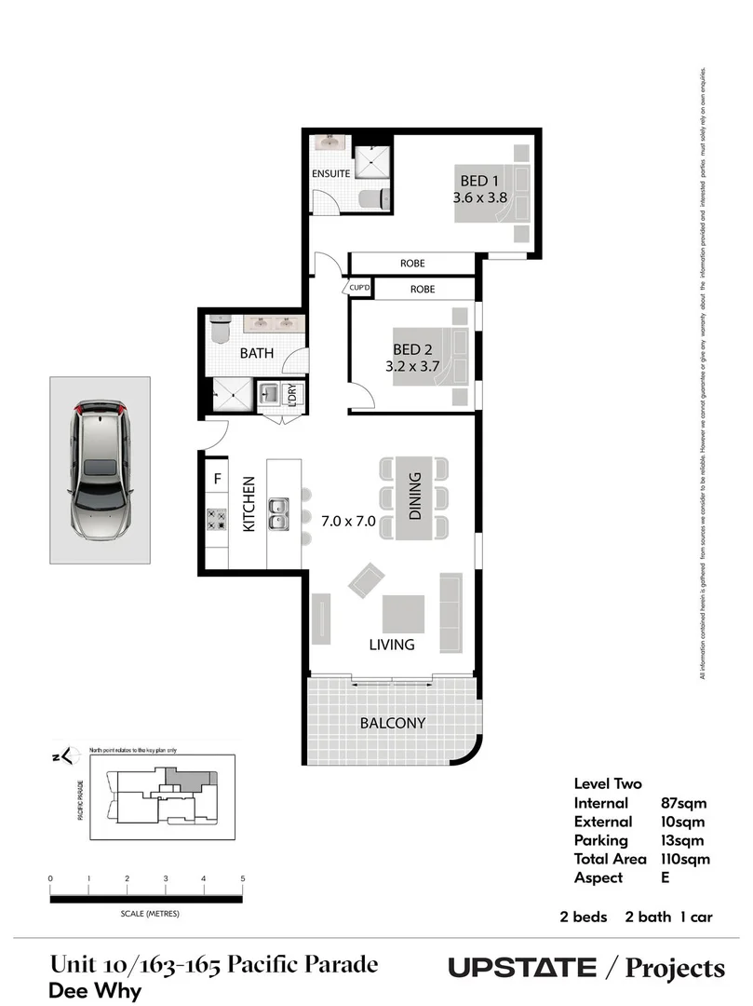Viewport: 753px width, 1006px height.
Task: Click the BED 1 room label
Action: tap(479, 180)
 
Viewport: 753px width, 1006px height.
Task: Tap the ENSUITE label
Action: tap(330, 174)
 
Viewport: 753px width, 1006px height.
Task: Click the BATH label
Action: tap(256, 354)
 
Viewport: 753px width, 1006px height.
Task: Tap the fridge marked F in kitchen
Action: tap(217, 480)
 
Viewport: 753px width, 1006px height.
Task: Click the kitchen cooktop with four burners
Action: tap(217, 520)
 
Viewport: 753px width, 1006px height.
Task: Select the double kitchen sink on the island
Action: tap(276, 513)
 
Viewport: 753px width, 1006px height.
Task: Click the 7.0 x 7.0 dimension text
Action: tap(349, 521)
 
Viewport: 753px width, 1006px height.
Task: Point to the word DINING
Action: tap(415, 496)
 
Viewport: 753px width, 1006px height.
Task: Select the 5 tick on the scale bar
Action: tap(242, 878)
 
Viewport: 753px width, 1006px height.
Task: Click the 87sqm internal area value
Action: tap(682, 803)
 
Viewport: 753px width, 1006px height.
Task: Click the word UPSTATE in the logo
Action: tap(522, 968)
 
